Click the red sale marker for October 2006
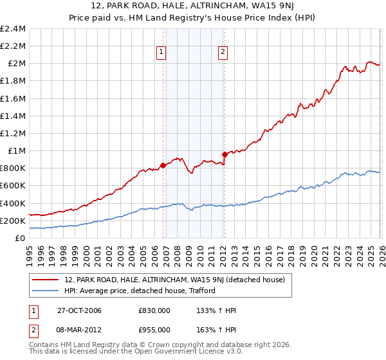point(163,165)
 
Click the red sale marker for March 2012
point(225,154)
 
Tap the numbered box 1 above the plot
point(160,53)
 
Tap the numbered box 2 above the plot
point(222,53)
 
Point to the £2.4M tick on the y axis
point(14,29)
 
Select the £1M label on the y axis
point(16,150)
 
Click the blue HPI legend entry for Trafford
point(139,291)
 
